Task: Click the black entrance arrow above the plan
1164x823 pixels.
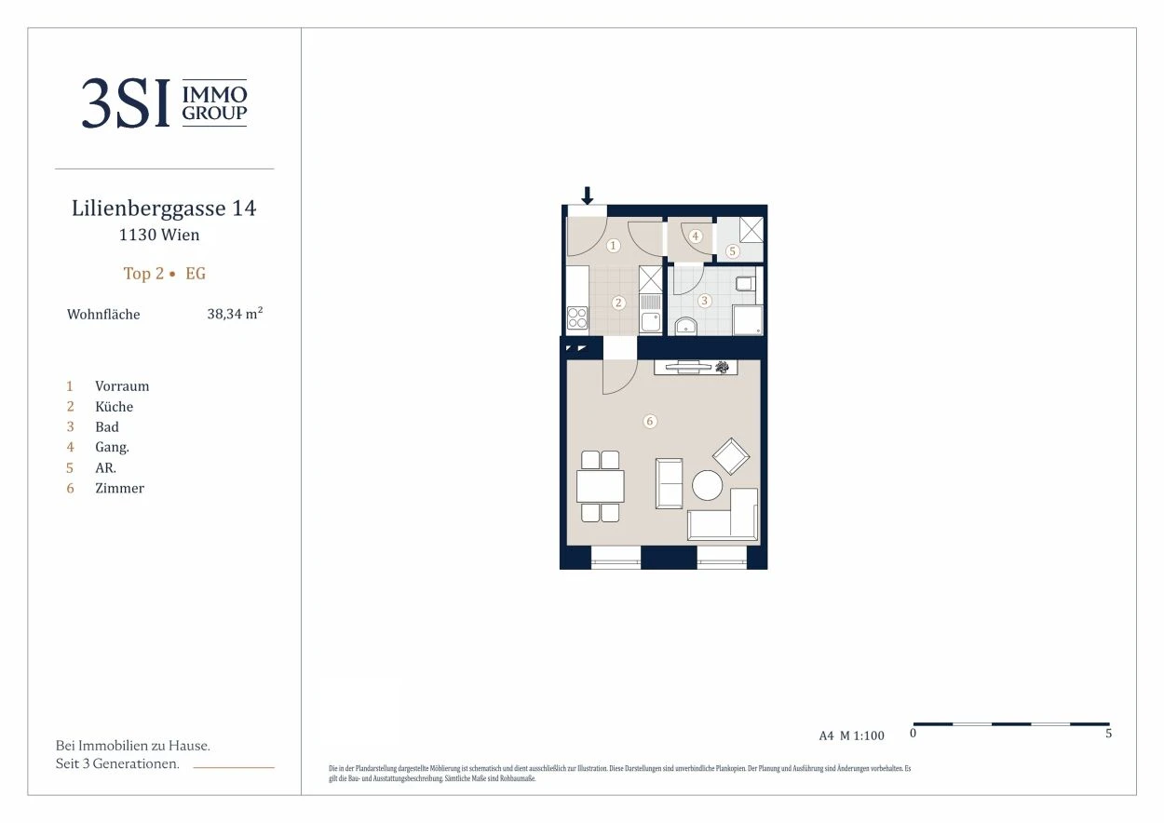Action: (588, 196)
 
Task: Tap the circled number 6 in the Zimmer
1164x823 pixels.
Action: (650, 421)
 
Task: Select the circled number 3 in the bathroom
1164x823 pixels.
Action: (705, 301)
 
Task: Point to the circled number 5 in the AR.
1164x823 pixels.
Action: (732, 251)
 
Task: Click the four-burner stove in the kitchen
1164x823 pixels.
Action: (577, 318)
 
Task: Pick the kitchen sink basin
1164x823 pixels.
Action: (651, 321)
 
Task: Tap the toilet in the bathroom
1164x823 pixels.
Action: (745, 284)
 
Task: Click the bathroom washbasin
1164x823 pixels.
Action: (686, 326)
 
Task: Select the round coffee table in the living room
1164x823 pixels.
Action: (707, 485)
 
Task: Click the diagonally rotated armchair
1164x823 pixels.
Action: (731, 456)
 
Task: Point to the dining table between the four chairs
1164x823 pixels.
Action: (601, 486)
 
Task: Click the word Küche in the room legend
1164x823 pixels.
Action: (114, 406)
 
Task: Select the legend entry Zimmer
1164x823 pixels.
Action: (119, 488)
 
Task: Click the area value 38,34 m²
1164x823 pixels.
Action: (235, 314)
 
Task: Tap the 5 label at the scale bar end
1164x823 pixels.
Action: (1108, 733)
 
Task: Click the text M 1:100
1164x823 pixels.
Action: (862, 735)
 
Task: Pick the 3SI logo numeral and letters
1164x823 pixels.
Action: (126, 102)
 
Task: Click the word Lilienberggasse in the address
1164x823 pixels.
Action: (149, 209)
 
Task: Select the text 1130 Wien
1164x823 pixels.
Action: (159, 235)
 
